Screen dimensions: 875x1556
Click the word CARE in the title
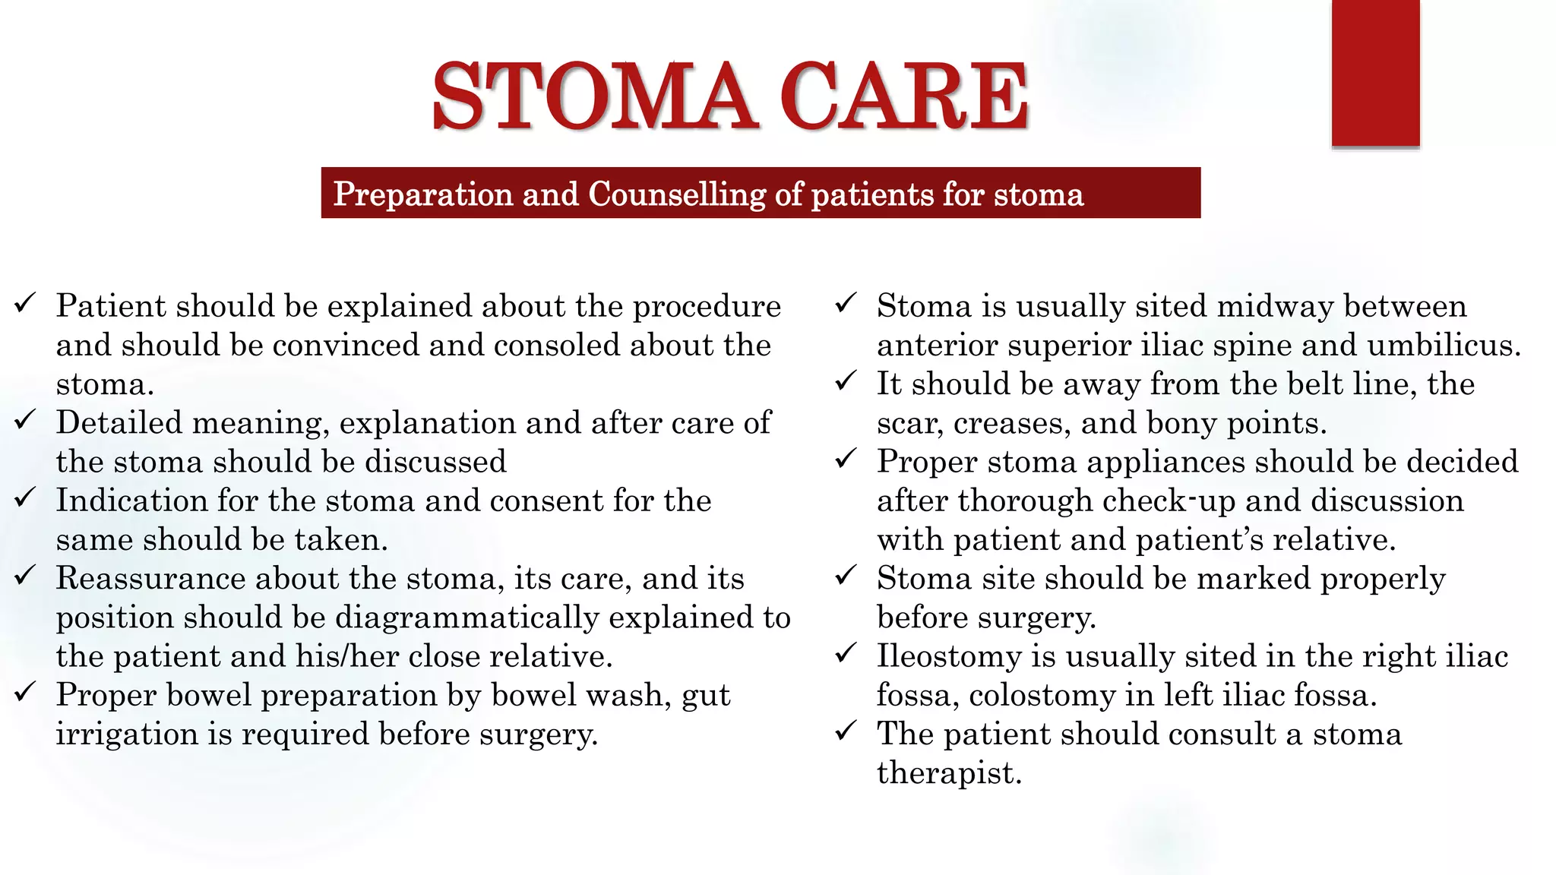903,96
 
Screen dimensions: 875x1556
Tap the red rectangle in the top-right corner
1375,73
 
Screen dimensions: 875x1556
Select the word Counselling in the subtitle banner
676,194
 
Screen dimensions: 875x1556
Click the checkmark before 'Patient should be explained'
25,304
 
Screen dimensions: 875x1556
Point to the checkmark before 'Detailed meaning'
25,420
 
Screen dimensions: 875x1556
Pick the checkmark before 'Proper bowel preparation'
25,692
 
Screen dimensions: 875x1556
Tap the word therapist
949,773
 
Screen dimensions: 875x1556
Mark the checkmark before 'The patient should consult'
846,731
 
